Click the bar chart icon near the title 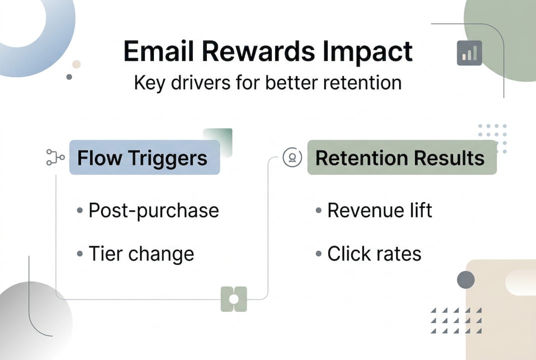tap(469, 53)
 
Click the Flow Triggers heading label tap(142, 158)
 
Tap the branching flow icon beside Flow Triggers tap(55, 157)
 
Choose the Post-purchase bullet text tap(153, 210)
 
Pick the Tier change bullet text tap(141, 254)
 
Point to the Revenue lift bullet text tap(379, 210)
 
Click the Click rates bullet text tap(374, 254)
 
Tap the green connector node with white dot tap(234, 299)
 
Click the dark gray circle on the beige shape tap(466, 279)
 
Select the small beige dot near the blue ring tap(76, 64)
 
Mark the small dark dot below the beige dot tap(69, 77)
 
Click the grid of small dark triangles tap(456, 320)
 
